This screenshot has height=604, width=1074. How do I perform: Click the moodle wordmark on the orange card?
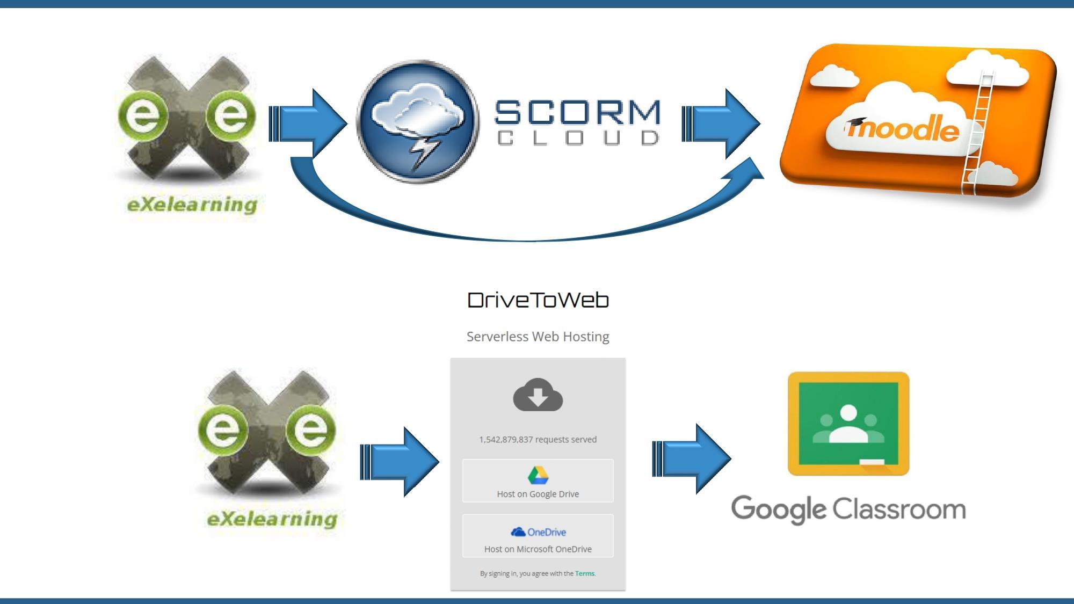click(903, 130)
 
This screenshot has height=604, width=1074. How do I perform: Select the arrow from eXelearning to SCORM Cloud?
click(309, 123)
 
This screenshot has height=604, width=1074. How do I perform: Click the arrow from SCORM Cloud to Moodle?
click(722, 123)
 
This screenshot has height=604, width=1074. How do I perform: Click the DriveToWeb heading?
click(538, 300)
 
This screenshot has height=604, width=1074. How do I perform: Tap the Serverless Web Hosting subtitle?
click(538, 337)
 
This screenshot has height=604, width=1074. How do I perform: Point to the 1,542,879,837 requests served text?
click(538, 440)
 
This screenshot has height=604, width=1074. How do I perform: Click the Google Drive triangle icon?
click(538, 475)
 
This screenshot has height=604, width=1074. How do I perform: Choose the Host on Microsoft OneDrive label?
click(538, 549)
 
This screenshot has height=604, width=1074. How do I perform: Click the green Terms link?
click(585, 573)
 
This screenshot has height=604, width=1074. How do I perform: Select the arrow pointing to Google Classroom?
click(693, 459)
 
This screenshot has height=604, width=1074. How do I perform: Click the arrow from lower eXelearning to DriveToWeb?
click(400, 462)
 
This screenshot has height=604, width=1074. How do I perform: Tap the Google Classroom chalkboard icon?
click(848, 424)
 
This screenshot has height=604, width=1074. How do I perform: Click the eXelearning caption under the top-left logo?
click(192, 205)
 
